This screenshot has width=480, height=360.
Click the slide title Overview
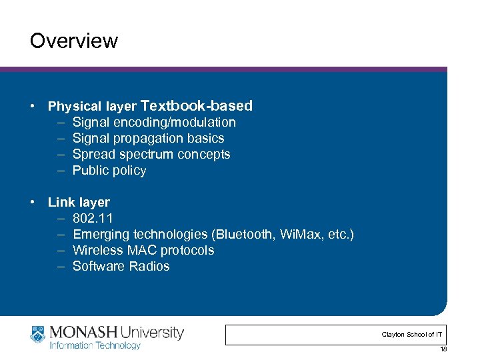click(x=73, y=41)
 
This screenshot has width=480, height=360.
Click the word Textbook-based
click(x=197, y=105)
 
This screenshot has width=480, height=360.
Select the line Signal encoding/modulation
click(x=154, y=122)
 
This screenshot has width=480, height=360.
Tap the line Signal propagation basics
click(x=148, y=138)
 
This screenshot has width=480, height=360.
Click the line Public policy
click(x=109, y=170)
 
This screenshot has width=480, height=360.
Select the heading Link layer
click(x=79, y=202)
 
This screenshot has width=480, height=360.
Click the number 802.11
click(x=93, y=218)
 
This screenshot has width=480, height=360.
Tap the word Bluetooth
click(x=243, y=234)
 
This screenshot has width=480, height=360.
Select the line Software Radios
click(x=121, y=266)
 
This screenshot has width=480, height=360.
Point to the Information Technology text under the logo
click(x=95, y=345)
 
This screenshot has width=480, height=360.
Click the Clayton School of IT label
click(x=411, y=334)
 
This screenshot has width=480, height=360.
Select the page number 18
click(x=443, y=349)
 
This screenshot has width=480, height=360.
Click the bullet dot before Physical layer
click(x=32, y=106)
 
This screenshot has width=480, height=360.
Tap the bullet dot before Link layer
click(x=32, y=202)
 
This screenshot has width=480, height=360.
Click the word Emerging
click(x=101, y=234)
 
